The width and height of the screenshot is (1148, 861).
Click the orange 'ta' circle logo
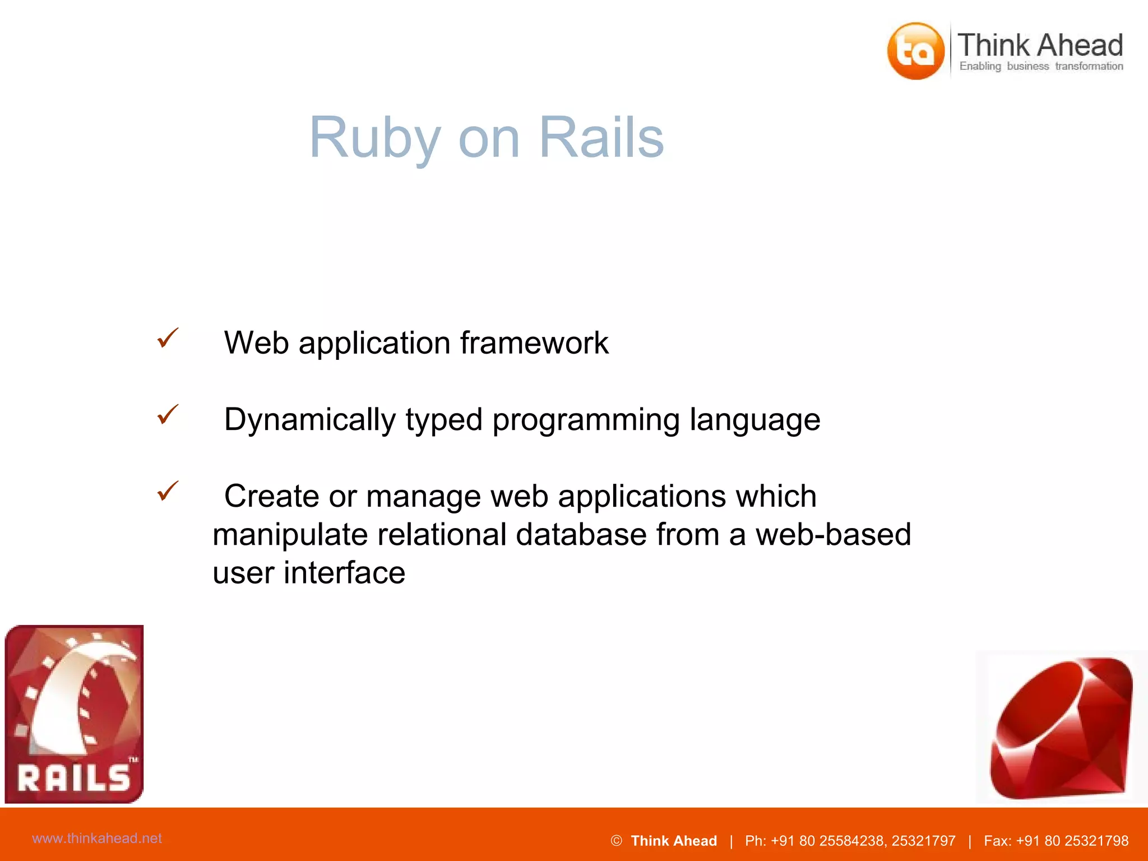click(x=915, y=51)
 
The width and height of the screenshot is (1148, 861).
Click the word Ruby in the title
click(x=375, y=138)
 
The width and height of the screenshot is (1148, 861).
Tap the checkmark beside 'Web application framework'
click(x=168, y=338)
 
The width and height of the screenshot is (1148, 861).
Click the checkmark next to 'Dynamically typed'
click(x=168, y=414)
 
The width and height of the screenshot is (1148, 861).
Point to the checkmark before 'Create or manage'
click(x=168, y=491)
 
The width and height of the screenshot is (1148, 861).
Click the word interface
click(x=344, y=572)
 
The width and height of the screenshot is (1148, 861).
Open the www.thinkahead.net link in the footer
click(x=97, y=838)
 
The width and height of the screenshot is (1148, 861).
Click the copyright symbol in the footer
click(x=616, y=841)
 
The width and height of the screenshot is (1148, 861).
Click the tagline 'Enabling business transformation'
click(x=1041, y=66)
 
